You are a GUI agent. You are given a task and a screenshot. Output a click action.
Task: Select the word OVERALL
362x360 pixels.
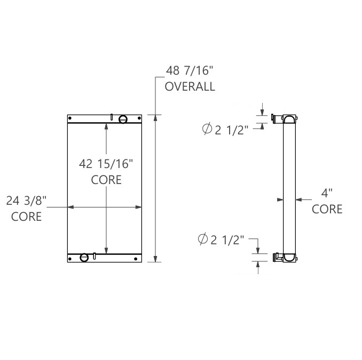pos(190,86)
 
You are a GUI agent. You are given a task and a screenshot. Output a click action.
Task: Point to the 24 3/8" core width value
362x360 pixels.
pos(27,202)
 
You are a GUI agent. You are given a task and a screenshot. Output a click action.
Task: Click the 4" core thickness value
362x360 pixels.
pos(327,193)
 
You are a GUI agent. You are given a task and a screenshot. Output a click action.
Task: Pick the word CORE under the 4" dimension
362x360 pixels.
pos(327,209)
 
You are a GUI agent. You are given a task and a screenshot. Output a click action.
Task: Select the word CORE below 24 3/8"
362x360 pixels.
pos(27,217)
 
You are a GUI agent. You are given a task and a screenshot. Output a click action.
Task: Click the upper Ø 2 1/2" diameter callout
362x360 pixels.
pos(225,130)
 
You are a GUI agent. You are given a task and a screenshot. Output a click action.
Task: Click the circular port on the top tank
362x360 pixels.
pos(123,119)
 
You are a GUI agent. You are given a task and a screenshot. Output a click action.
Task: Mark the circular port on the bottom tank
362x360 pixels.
pos(84,258)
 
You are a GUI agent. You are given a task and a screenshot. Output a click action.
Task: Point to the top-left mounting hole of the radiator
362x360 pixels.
pos(70,118)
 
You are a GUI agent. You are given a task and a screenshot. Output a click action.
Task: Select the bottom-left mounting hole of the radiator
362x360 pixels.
pos(70,259)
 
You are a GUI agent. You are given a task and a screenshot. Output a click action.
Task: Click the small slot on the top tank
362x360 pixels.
pos(111,117)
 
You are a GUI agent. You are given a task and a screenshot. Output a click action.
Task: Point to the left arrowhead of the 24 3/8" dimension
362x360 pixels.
pos(69,207)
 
